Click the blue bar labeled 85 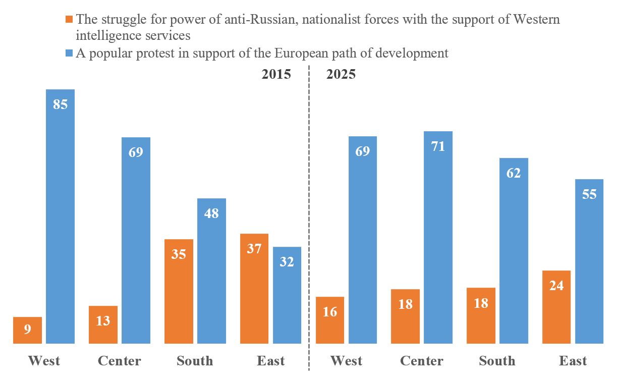tap(60, 217)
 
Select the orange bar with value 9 tap(27, 331)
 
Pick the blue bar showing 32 tap(287, 295)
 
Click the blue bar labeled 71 tap(438, 237)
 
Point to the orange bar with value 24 tap(556, 307)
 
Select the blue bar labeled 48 tap(211, 271)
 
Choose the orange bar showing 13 tap(103, 324)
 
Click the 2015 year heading tap(276, 74)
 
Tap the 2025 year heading tap(341, 74)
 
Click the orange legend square tap(69, 20)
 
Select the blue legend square tap(69, 52)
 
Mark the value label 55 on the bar tap(589, 194)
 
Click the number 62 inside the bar tap(514, 173)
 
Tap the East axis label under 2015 tap(270, 361)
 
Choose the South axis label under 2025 tap(497, 361)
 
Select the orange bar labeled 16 tap(330, 320)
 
